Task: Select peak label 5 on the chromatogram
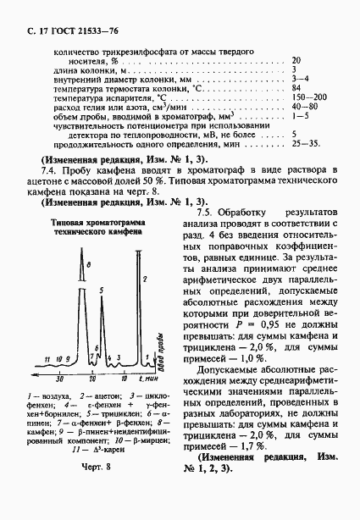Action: point(101,290)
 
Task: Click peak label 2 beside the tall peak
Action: point(146,277)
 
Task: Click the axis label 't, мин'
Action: point(148,380)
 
